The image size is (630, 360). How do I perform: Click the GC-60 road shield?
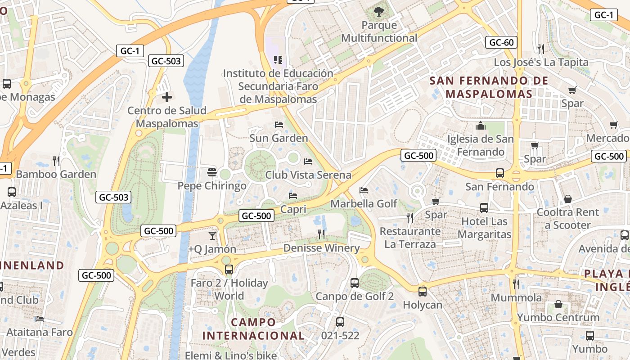(501, 43)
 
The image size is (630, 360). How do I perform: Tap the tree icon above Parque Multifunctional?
(379, 12)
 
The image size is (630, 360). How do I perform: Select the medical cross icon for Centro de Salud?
(167, 97)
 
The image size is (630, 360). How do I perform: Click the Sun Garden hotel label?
(279, 138)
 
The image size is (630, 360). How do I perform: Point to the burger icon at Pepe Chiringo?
(212, 172)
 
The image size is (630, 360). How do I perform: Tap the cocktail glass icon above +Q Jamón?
(212, 235)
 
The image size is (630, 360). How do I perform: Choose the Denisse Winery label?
(321, 248)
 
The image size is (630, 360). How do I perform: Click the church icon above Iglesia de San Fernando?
(481, 126)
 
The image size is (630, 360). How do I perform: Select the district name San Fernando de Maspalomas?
(489, 87)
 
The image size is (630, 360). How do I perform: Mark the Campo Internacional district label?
(253, 329)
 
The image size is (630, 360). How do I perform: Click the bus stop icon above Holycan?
(422, 291)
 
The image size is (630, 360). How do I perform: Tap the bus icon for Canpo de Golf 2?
(355, 283)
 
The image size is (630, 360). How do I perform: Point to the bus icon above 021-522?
(340, 322)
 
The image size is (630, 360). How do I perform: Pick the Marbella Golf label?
(364, 204)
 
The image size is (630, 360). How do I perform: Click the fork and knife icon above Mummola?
(516, 284)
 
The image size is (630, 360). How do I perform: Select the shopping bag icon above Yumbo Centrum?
(558, 304)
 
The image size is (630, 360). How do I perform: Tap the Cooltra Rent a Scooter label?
(567, 218)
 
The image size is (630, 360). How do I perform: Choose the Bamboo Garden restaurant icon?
(56, 161)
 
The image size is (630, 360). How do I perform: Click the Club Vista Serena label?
(308, 175)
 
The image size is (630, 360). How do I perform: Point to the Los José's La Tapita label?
(541, 62)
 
